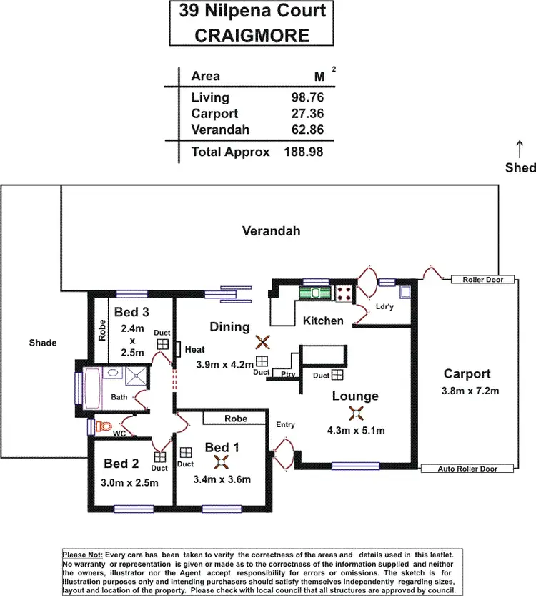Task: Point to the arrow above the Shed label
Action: [x=520, y=149]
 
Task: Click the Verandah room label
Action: [x=271, y=231]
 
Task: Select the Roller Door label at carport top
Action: [x=482, y=280]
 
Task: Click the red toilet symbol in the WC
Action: [x=104, y=426]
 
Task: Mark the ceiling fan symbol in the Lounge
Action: [x=355, y=413]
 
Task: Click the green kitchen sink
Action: [x=315, y=292]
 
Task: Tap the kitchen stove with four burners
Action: [x=344, y=292]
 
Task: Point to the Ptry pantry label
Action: [x=288, y=373]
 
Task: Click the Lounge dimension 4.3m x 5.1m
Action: [x=356, y=430]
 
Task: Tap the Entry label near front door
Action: [x=285, y=425]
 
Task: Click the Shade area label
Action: [x=42, y=343]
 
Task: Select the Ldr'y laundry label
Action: [x=384, y=308]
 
